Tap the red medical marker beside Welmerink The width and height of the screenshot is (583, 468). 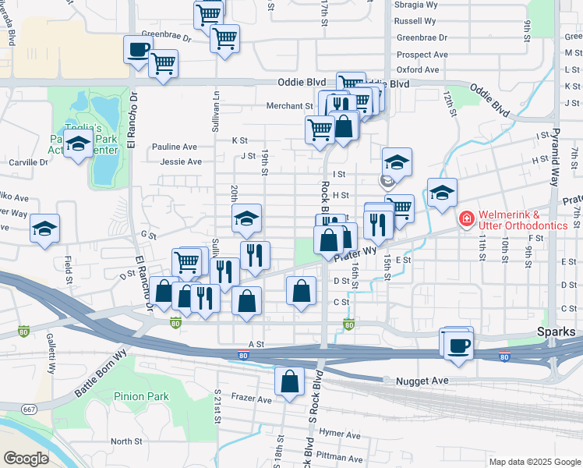466,219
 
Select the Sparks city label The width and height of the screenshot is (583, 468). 556,331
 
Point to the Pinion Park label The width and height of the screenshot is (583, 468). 141,396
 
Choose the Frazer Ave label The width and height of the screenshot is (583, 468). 251,399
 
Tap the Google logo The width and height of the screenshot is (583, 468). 26,458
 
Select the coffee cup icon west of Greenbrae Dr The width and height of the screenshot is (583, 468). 139,50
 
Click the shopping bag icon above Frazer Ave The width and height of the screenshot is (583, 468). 289,382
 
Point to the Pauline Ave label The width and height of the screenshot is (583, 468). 175,147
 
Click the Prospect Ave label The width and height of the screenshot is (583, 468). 422,55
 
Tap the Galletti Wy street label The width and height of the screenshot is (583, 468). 50,360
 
